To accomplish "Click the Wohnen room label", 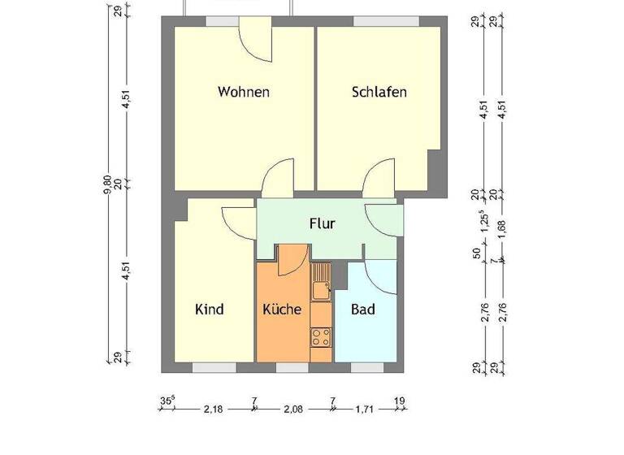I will point(243,92).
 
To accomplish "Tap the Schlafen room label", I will point(379,92).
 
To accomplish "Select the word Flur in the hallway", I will point(322,223).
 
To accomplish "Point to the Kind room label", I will point(209,310).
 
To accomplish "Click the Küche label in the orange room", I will point(282,310).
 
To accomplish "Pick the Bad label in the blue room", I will point(362,310).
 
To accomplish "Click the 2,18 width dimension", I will point(213,409).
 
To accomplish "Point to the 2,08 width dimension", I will point(293,409).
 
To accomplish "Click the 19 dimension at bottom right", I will point(399,401).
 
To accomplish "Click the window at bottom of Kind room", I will point(214,367).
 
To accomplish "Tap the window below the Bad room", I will point(366,367).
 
